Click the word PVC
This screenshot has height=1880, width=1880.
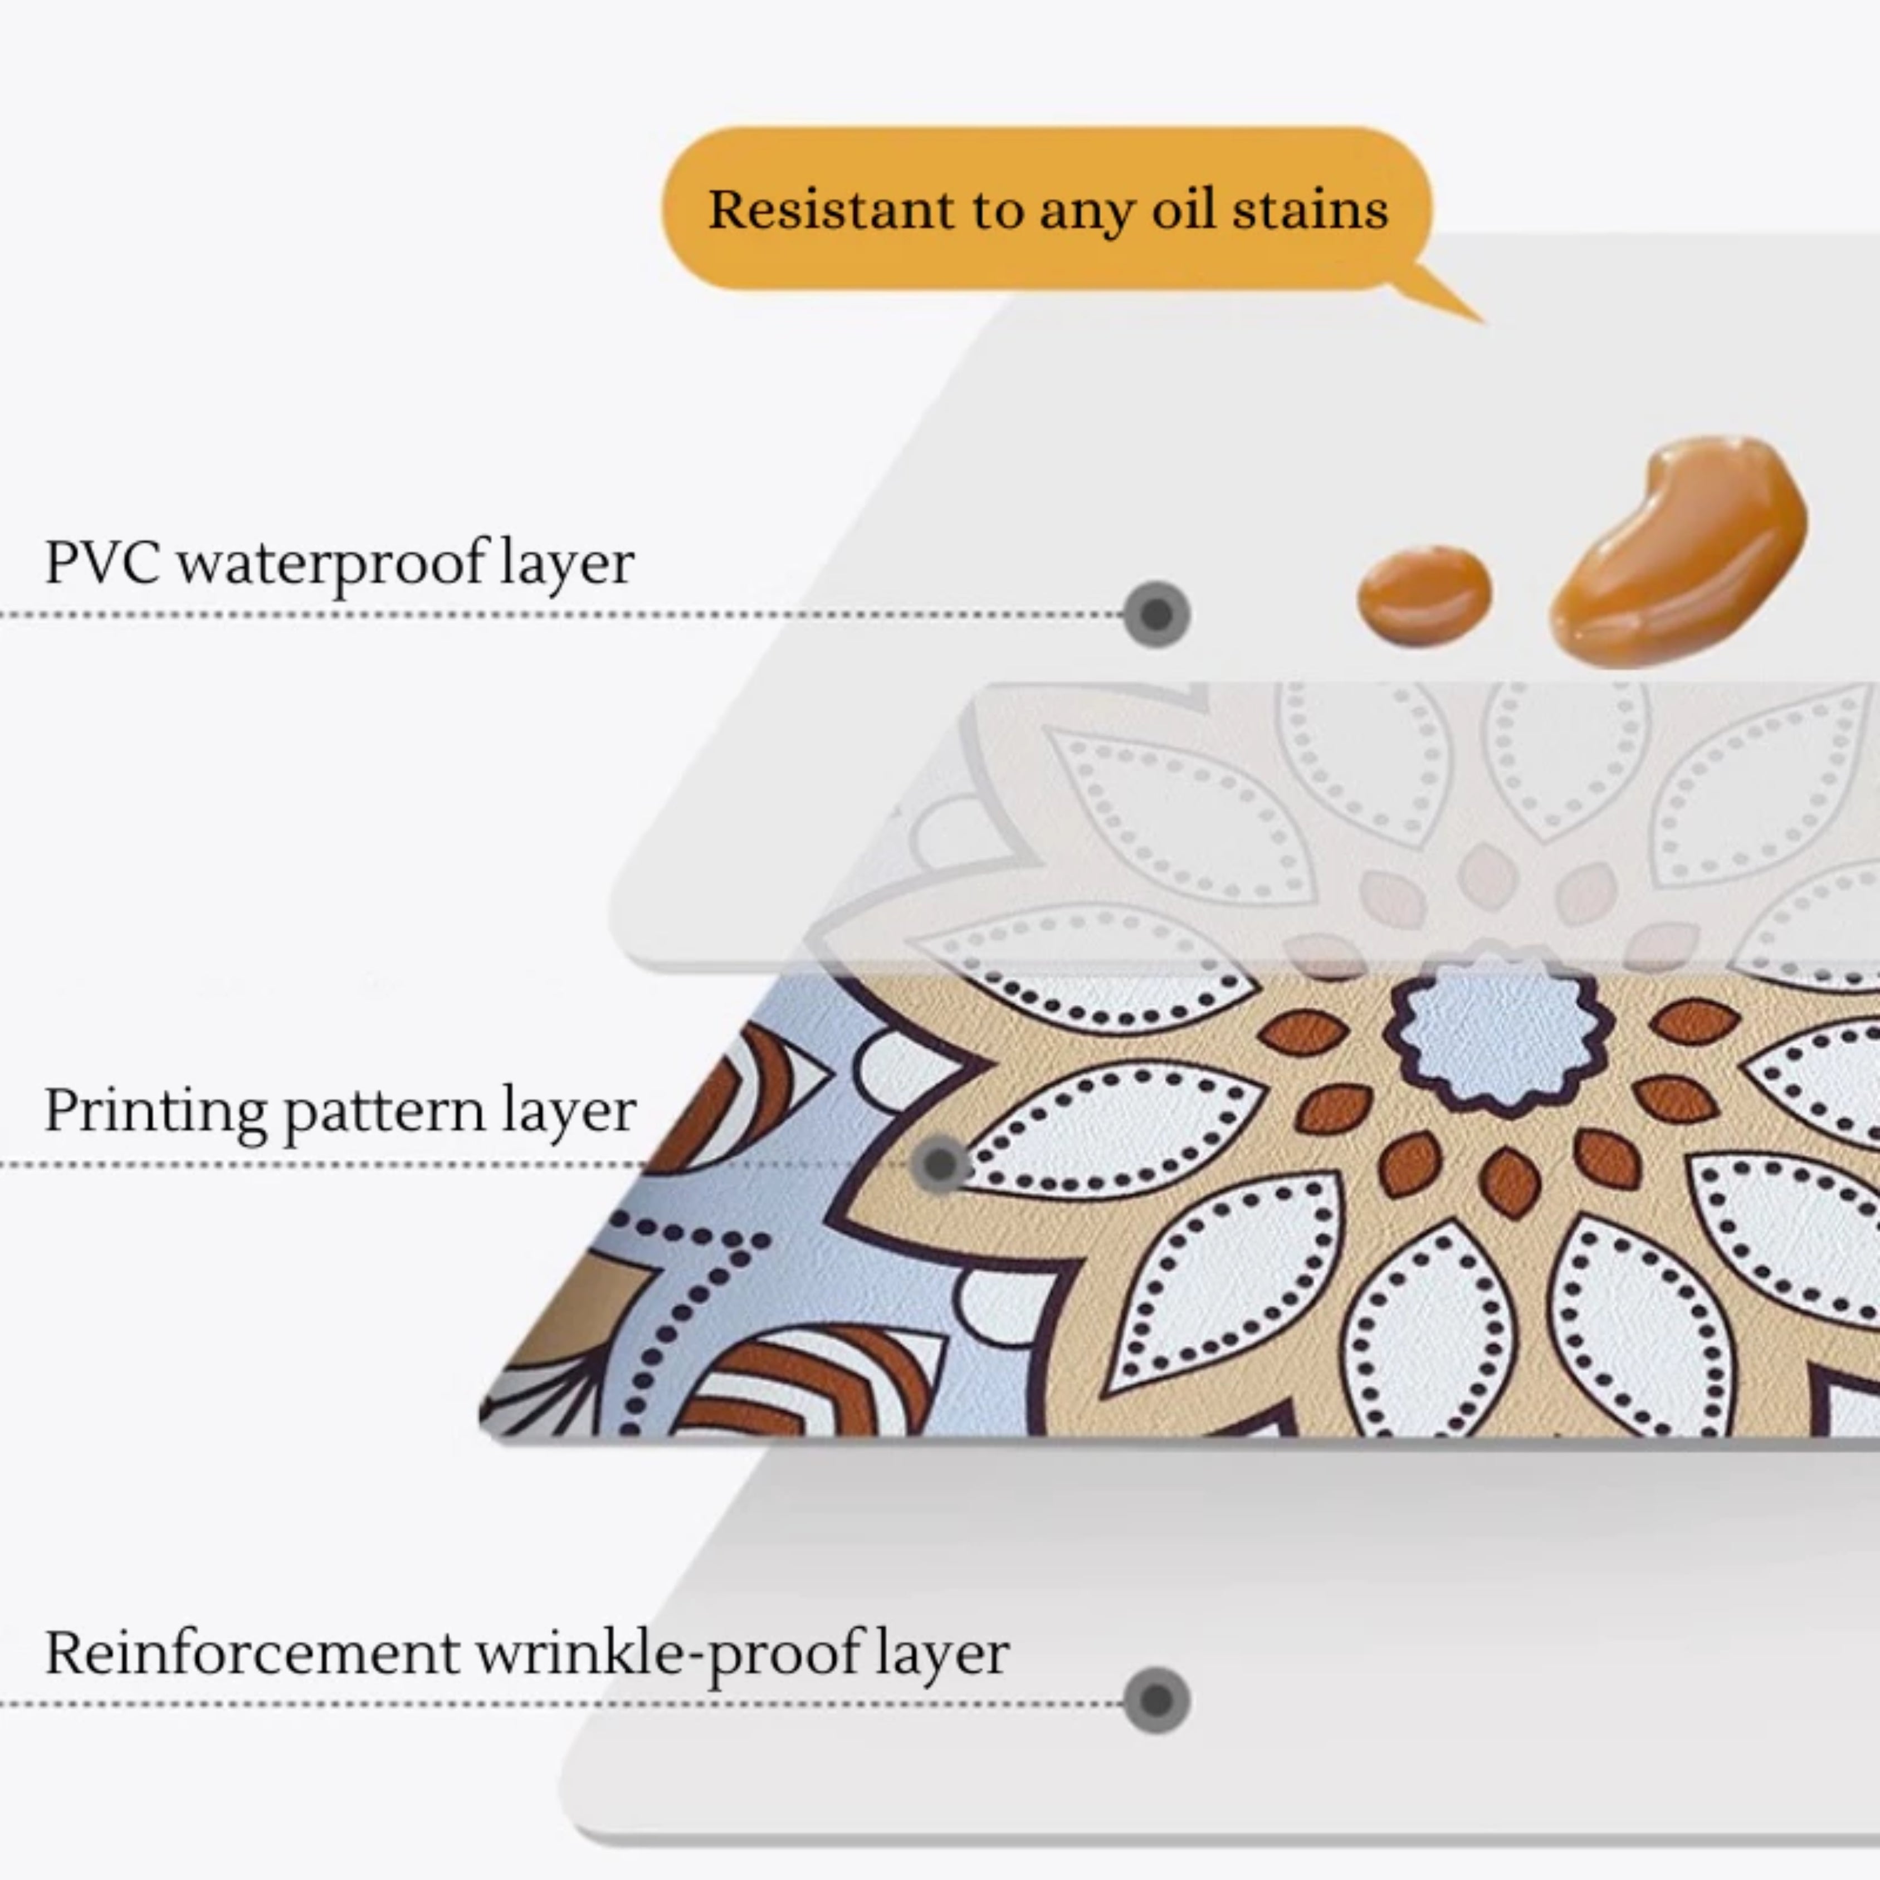pos(102,563)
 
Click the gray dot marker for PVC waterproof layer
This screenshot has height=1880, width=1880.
pos(1155,614)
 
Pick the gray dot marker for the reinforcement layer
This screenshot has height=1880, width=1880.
pos(1155,1700)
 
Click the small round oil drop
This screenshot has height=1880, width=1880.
pos(1424,590)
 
